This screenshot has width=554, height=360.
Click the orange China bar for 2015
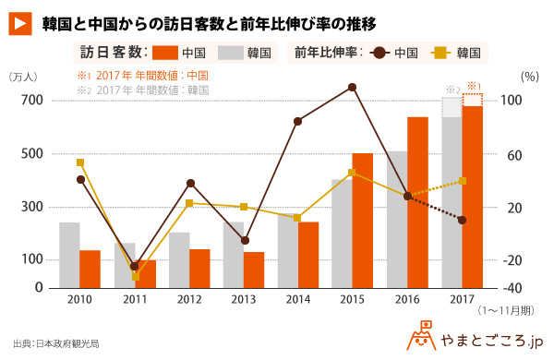coord(363,221)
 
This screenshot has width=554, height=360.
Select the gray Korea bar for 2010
coord(69,255)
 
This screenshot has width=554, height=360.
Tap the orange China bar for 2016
coord(417,202)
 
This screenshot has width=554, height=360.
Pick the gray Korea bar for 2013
coord(234,255)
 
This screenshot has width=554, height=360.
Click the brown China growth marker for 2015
coord(352,88)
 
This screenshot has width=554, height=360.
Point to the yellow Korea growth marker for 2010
coord(80,162)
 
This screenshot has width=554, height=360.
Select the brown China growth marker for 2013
coord(245,241)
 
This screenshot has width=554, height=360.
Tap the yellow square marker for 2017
coord(463,181)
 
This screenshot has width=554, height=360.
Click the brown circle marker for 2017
coord(463,220)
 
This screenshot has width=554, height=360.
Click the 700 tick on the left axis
coord(31,101)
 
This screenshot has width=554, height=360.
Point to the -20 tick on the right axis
coord(512,260)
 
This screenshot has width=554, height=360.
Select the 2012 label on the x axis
coord(189,300)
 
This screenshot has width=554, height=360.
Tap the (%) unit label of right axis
coord(530,77)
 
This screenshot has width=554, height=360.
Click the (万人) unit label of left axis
coord(23,77)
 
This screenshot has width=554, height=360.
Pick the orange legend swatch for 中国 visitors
coord(165,53)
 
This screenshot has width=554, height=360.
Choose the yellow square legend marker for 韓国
coord(441,54)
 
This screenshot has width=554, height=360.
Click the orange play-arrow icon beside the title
coord(20,24)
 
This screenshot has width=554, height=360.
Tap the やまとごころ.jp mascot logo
coord(421,335)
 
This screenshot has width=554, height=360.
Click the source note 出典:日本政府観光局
coord(56,343)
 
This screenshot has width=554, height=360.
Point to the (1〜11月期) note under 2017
coord(506,311)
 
